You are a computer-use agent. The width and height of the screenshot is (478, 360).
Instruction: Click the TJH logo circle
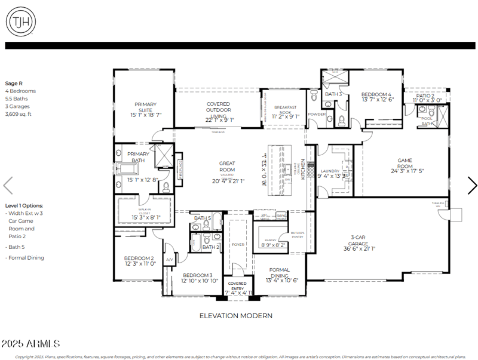20,22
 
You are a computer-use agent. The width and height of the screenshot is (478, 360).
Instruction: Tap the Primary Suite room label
146,107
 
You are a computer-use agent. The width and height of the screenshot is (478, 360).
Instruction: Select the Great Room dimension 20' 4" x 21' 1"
227,181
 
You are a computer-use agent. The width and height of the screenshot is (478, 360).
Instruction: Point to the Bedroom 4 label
376,94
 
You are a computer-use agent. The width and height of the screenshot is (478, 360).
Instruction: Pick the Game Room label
408,160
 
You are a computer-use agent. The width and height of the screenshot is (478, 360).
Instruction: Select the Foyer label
238,244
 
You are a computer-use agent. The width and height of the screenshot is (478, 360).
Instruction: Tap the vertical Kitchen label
303,169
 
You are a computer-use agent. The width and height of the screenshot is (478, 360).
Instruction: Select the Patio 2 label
425,96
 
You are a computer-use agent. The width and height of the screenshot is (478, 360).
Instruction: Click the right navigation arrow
471,185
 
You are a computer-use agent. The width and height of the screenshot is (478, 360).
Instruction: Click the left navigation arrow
8,185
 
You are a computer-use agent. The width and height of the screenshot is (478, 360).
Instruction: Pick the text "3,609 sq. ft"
18,113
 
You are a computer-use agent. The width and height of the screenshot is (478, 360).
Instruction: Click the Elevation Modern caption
235,315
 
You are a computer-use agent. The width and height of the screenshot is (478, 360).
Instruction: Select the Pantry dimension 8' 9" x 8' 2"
274,245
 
